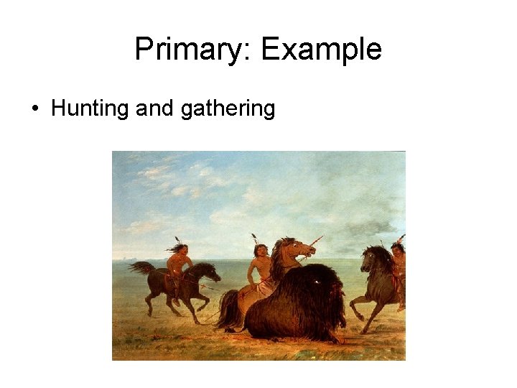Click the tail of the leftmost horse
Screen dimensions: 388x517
[141, 267]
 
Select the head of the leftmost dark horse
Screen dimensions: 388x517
[212, 271]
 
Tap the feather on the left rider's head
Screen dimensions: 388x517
[178, 240]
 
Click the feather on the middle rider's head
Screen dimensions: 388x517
[254, 238]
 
